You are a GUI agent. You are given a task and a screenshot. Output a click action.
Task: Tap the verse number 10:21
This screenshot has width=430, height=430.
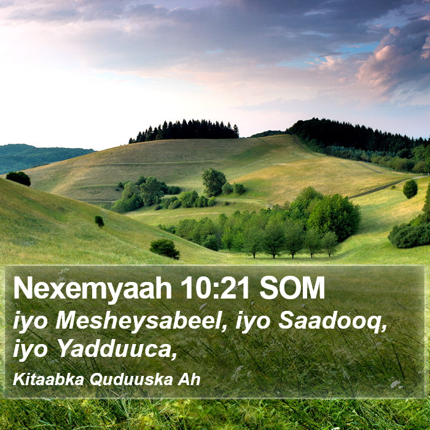click(215, 287)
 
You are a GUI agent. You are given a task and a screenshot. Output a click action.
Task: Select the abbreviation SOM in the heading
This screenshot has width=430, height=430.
click(292, 287)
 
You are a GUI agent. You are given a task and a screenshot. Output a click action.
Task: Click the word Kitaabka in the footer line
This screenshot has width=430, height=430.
click(49, 380)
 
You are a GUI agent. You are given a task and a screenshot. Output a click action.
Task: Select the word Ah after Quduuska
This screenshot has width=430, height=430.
click(189, 380)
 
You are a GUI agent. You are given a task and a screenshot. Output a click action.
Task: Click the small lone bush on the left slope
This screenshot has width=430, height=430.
click(100, 221)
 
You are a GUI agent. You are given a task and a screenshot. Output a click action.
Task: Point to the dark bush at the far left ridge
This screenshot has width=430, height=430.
click(18, 179)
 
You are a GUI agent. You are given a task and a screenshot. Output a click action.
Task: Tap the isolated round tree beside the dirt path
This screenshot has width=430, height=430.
click(410, 189)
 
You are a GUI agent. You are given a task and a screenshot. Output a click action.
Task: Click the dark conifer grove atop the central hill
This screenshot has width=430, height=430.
click(184, 130)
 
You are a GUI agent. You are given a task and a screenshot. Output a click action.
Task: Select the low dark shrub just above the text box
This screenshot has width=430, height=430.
click(165, 249)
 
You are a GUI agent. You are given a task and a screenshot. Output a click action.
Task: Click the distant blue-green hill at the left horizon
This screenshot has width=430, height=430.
click(41, 157)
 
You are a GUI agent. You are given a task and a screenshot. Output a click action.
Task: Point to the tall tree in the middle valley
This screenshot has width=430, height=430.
click(214, 182)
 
